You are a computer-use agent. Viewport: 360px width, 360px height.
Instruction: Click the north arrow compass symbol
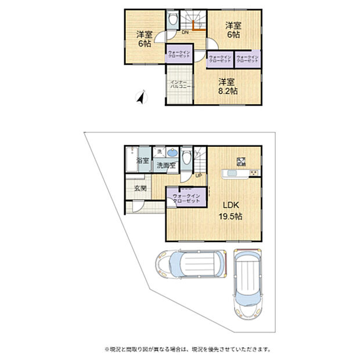coord(140,98)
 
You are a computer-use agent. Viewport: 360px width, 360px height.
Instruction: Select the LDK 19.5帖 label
coord(231,210)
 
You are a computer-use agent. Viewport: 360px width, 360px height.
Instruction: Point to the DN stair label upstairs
coord(185,33)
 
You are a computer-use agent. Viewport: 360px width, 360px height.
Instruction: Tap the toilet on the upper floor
coord(173,20)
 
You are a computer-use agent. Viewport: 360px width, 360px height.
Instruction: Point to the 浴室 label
coord(142,160)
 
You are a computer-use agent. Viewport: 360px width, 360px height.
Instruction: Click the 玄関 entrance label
coord(140,189)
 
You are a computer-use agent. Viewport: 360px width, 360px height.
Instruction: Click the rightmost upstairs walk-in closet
coord(247,59)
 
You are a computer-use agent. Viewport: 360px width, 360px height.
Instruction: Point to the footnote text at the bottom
coord(179,349)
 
